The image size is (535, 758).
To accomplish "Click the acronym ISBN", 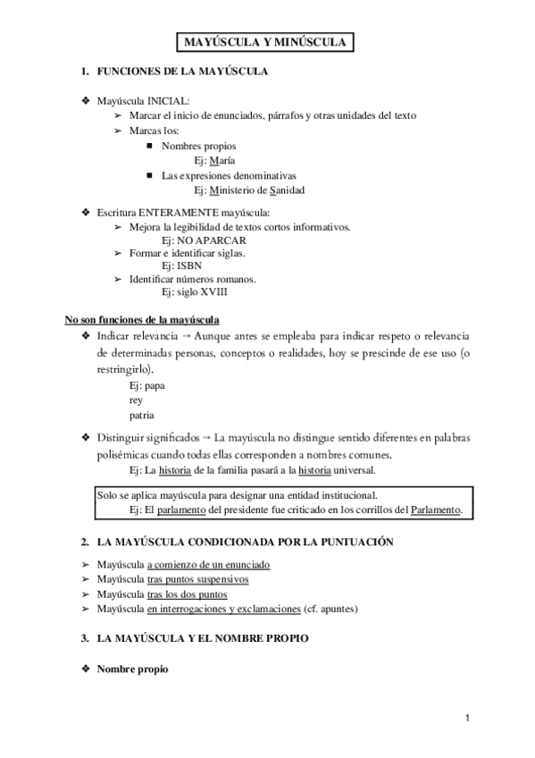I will tap(188, 266).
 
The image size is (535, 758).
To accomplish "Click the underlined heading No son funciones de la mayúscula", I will tap(142, 319).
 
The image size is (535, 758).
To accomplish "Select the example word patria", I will tap(142, 415).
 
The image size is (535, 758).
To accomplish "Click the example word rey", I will tap(136, 400).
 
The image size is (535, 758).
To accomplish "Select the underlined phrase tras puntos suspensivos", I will tap(197, 579).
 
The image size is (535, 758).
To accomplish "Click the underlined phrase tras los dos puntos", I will tap(187, 594).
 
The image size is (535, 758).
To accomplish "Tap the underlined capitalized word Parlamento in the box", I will tap(436, 510).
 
